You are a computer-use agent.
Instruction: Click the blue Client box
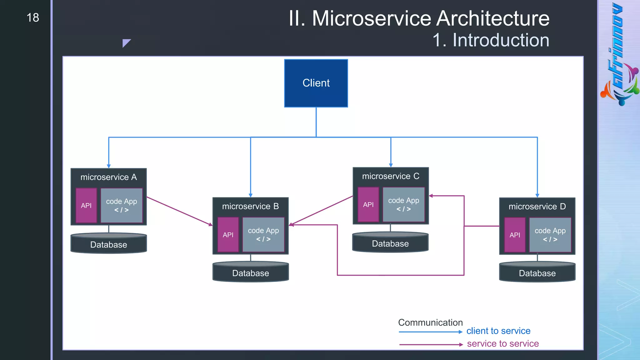click(x=316, y=83)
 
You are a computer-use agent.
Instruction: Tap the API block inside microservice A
click(x=86, y=205)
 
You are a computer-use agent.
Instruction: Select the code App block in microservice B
click(x=263, y=234)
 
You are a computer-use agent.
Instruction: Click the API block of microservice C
click(x=368, y=204)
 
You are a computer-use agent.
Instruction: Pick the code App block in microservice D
click(x=550, y=235)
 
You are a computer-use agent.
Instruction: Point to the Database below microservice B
click(x=250, y=273)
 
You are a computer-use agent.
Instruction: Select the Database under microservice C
click(x=390, y=243)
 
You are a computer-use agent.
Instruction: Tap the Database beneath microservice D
click(x=537, y=273)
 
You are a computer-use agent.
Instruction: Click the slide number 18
click(x=33, y=17)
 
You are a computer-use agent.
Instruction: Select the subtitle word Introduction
click(x=501, y=40)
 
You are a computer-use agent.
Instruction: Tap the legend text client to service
click(x=498, y=331)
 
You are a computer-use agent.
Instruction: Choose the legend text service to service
click(x=502, y=343)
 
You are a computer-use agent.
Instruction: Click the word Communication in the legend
click(x=430, y=322)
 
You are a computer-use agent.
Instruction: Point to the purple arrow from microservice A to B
click(x=179, y=211)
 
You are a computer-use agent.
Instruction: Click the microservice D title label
click(x=537, y=206)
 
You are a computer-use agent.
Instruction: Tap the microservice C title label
click(x=390, y=176)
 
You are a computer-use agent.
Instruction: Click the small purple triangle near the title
click(x=126, y=42)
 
